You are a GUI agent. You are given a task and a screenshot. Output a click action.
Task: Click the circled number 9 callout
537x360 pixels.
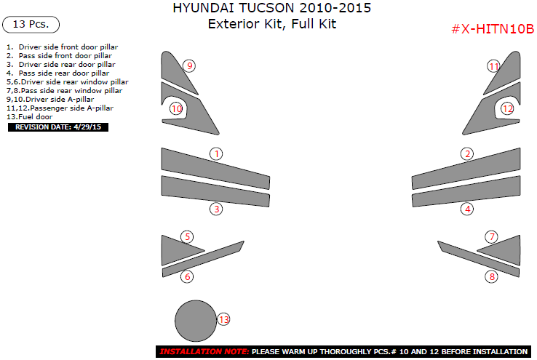[189, 65]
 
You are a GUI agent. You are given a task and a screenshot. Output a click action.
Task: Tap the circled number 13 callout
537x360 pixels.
[223, 319]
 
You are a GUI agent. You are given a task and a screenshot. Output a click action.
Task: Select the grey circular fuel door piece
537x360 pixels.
[196, 321]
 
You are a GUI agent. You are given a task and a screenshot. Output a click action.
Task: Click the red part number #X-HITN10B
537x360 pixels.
[493, 29]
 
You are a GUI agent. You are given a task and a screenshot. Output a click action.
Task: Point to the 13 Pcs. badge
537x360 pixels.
[31, 24]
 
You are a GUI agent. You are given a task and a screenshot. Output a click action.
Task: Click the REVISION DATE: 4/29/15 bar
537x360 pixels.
[58, 127]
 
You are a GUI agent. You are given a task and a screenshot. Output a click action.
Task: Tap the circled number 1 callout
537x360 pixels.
[216, 154]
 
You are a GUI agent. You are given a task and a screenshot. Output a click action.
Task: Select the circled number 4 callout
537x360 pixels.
[467, 209]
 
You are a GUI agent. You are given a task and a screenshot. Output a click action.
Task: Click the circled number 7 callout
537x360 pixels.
[492, 237]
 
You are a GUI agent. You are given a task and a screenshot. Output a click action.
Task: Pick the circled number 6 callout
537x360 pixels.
[187, 276]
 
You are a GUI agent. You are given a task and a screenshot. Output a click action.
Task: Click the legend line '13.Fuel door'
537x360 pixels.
[29, 116]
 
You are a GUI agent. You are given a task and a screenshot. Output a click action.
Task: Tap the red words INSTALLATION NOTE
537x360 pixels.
[204, 351]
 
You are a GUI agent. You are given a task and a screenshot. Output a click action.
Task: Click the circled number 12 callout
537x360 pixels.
[508, 109]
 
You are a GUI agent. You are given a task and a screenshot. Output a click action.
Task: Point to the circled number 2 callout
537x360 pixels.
[467, 154]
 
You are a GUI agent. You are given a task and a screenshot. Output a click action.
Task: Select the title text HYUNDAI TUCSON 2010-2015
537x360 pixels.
[272, 8]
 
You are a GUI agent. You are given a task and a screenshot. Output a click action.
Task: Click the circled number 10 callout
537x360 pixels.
[176, 109]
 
